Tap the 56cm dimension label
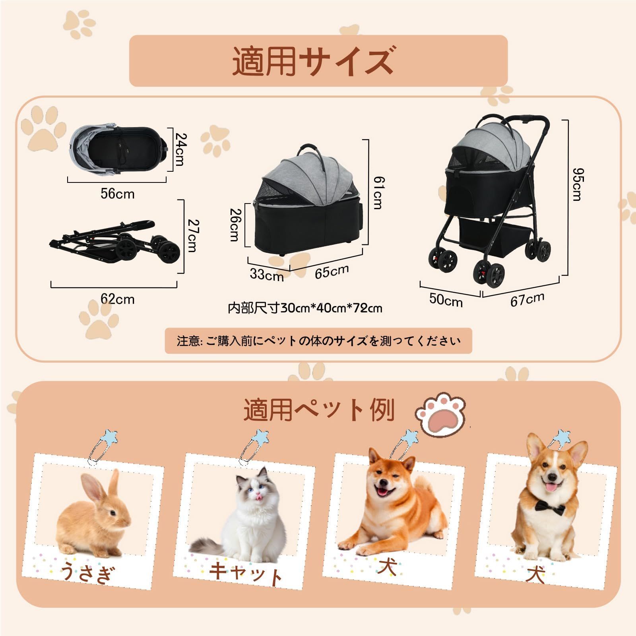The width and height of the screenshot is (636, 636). (117, 194)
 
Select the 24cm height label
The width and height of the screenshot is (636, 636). (180, 149)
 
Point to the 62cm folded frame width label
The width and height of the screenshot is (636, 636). (117, 299)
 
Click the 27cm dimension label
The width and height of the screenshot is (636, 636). (192, 236)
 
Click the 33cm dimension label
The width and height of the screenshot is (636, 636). (267, 274)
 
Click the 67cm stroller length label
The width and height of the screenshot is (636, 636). (527, 299)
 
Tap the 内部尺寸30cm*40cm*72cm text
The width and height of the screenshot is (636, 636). (305, 308)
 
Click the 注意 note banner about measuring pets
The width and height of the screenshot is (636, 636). (318, 341)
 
